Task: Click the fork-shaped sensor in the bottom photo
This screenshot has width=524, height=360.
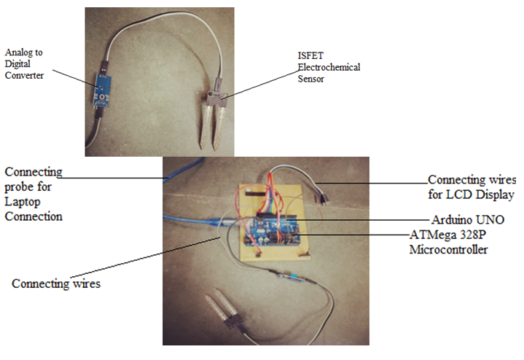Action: coord(230,313)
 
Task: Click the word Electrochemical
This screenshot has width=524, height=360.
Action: coord(329,67)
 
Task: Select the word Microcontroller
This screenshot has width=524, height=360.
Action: coord(447,249)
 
